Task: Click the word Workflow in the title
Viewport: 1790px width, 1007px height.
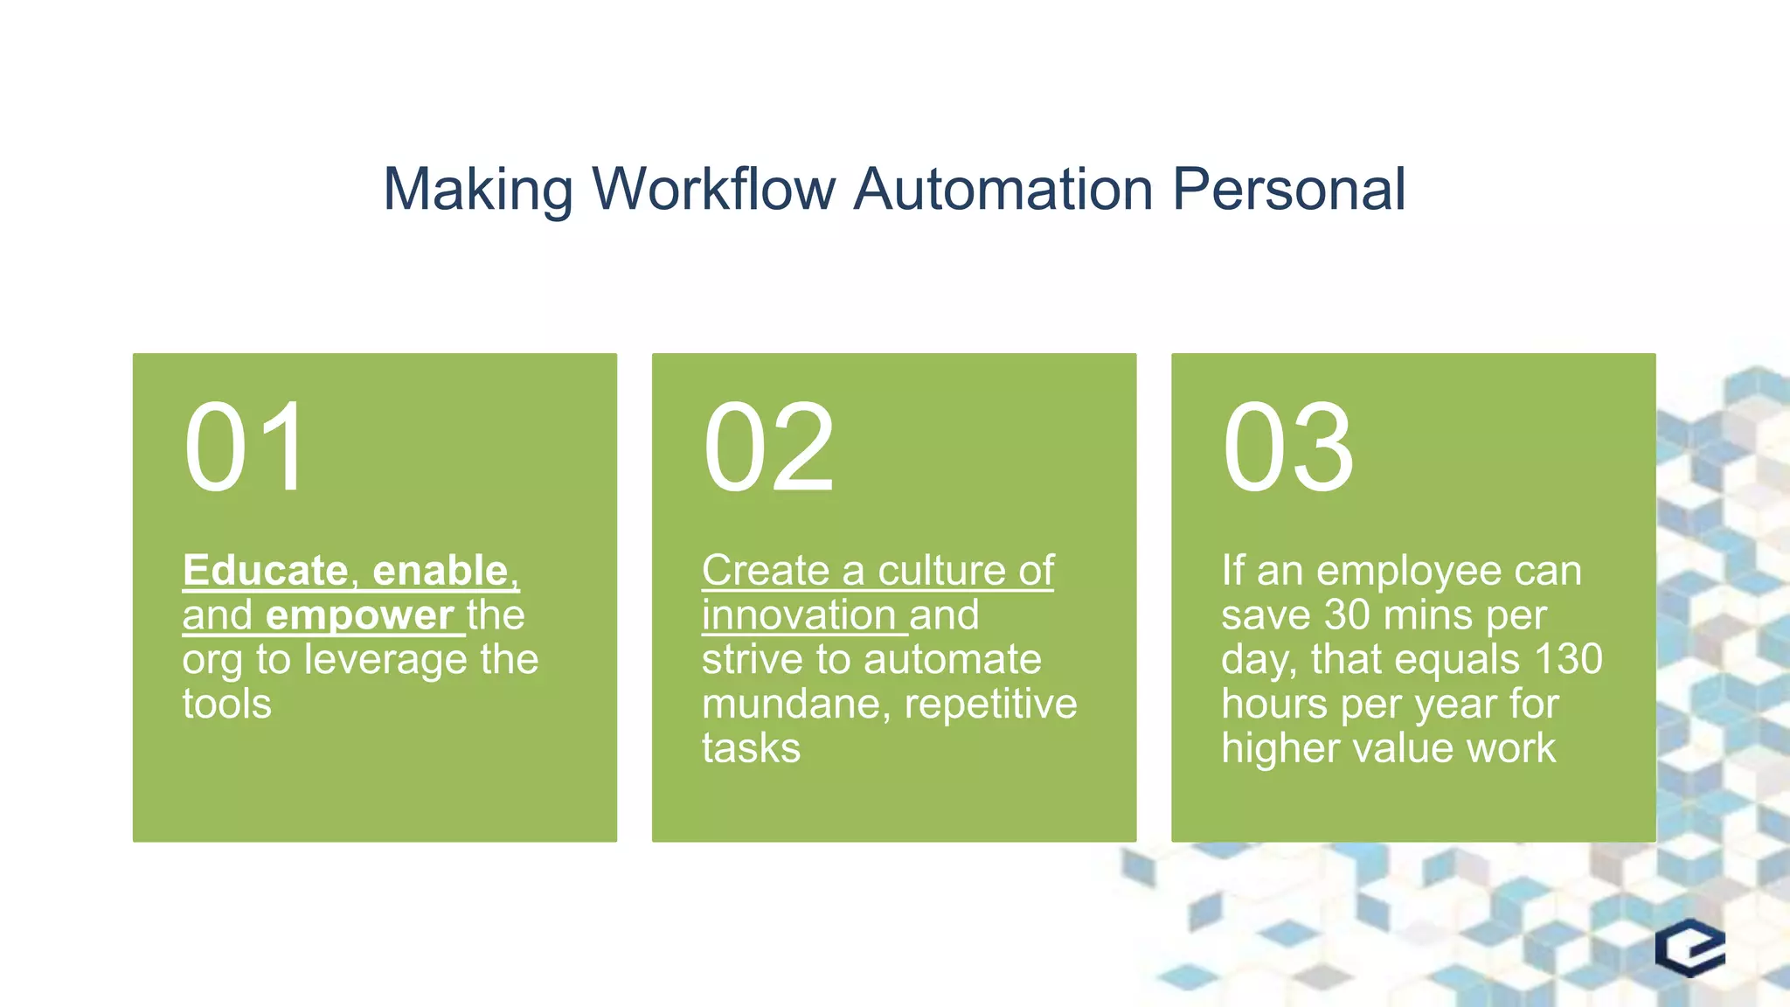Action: click(713, 189)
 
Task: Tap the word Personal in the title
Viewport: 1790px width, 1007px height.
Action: click(1288, 189)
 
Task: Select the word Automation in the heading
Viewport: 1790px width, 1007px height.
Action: click(1003, 189)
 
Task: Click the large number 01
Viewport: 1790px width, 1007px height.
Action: click(246, 448)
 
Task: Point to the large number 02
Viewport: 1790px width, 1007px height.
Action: click(768, 448)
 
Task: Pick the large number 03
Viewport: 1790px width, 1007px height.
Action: click(1287, 448)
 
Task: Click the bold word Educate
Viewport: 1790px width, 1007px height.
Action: click(266, 571)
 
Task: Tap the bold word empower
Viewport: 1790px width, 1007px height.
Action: click(359, 615)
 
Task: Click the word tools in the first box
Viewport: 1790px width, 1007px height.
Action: click(226, 705)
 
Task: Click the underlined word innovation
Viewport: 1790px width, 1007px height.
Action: click(799, 615)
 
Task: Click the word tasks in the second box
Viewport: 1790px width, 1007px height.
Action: click(751, 749)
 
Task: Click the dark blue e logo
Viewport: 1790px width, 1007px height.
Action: click(1690, 948)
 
